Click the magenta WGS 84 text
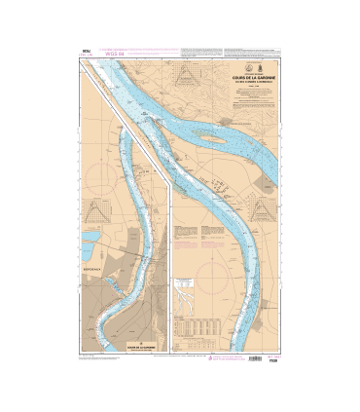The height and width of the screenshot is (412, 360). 98,55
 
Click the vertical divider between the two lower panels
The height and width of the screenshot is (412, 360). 170,263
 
